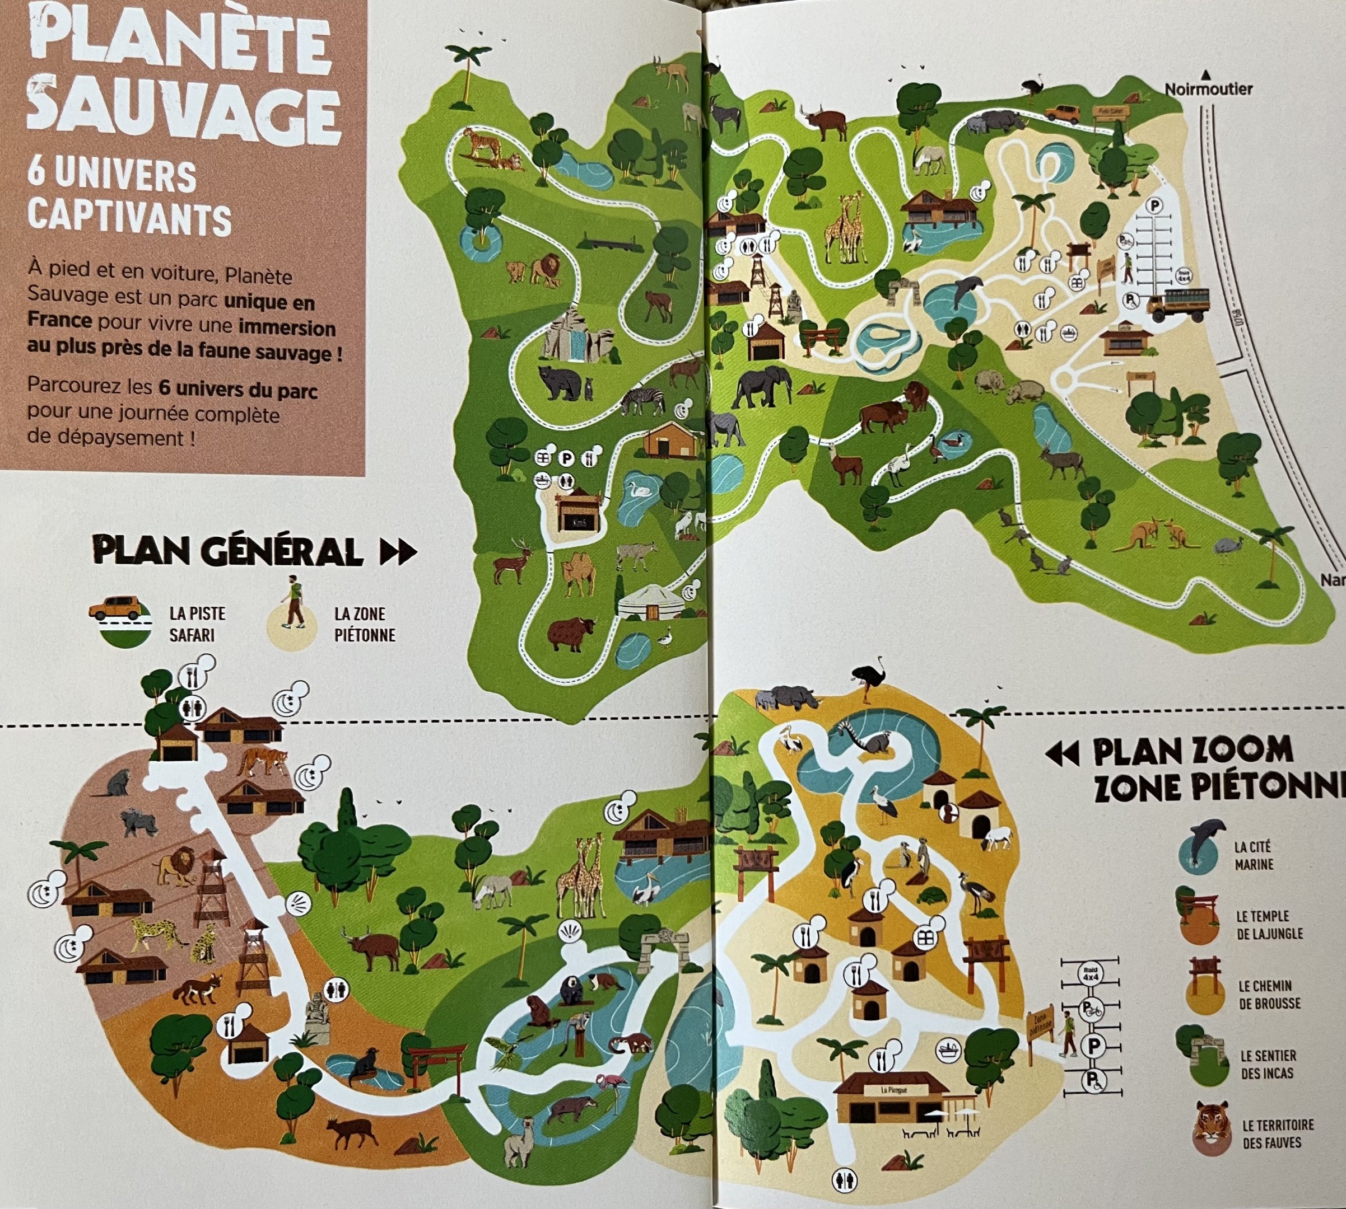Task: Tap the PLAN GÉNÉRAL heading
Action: (229, 551)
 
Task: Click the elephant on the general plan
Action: (762, 387)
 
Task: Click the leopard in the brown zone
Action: (158, 933)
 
